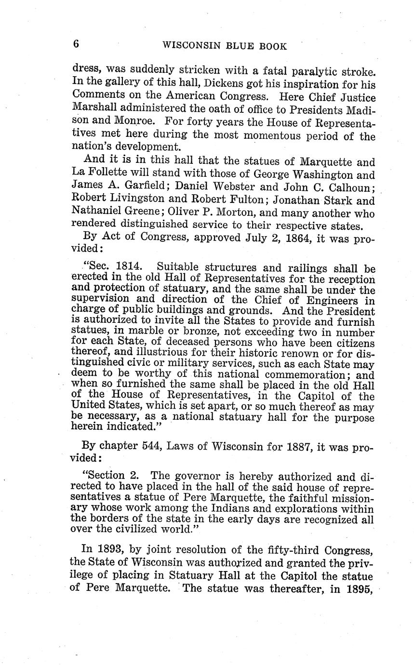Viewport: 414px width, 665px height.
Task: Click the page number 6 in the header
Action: coord(76,44)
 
